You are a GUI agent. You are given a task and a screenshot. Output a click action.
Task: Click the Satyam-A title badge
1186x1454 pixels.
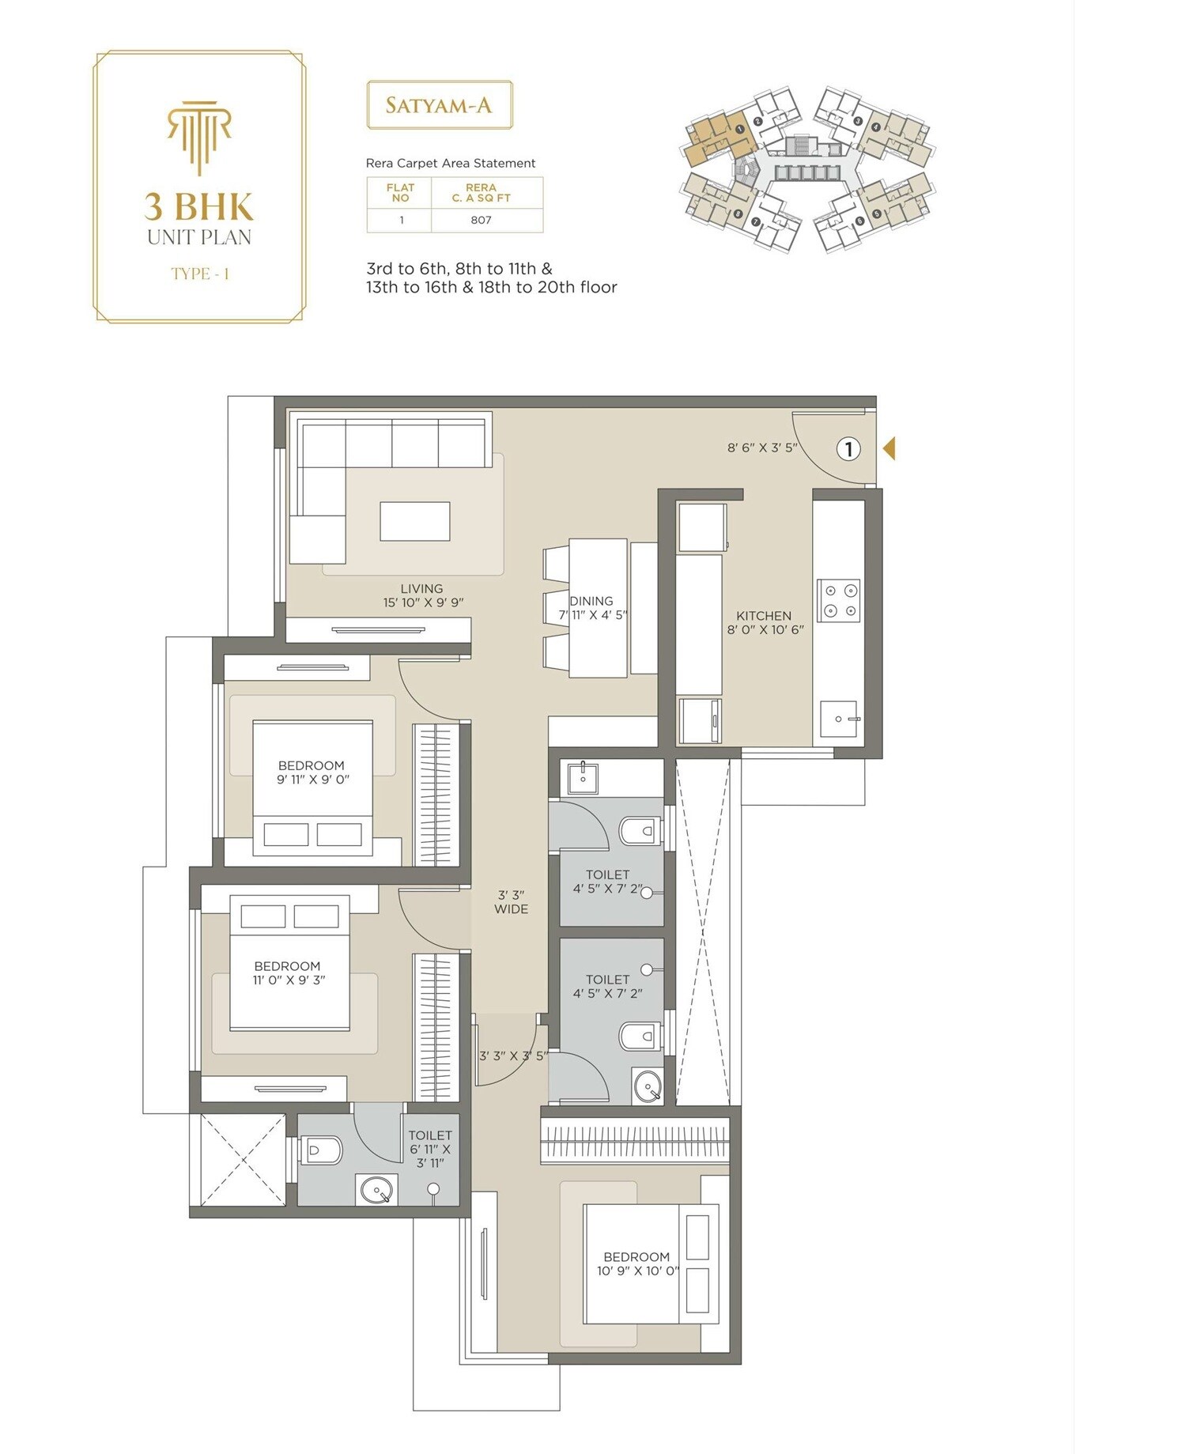click(x=439, y=105)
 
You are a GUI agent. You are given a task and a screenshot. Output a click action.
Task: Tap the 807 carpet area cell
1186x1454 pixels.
click(x=481, y=220)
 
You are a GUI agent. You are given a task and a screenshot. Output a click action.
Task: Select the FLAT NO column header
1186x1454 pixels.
click(x=400, y=193)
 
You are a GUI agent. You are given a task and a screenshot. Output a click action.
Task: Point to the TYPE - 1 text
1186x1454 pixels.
click(x=200, y=274)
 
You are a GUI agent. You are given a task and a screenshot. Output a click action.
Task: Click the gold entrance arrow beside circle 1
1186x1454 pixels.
click(x=889, y=448)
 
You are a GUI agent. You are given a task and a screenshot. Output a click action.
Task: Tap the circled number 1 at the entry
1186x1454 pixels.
click(x=848, y=449)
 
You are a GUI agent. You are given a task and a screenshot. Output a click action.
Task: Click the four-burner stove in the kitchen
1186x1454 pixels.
click(x=839, y=600)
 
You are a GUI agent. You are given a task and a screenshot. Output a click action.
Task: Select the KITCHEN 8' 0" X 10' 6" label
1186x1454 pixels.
click(x=765, y=622)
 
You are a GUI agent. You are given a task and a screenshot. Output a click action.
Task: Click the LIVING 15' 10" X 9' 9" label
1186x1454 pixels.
click(x=422, y=595)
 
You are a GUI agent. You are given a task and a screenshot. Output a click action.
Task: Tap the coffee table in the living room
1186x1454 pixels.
click(x=414, y=521)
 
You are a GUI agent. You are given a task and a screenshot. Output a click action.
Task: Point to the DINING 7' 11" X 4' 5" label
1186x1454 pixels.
click(x=592, y=607)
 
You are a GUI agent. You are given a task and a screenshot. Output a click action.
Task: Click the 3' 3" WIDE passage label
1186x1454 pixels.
click(x=511, y=902)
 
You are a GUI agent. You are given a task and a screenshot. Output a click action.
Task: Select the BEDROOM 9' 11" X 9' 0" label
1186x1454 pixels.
click(x=312, y=772)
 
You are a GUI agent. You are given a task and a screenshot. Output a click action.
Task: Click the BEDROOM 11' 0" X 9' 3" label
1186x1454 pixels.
click(x=288, y=972)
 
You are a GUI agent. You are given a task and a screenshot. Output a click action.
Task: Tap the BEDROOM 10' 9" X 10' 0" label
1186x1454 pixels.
click(x=637, y=1263)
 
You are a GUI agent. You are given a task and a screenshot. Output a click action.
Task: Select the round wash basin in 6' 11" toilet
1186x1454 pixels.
click(x=377, y=1190)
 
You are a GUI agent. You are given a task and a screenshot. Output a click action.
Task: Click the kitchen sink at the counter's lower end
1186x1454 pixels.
click(x=839, y=719)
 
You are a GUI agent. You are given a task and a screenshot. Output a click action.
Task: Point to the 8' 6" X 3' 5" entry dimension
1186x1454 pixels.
click(x=762, y=448)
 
